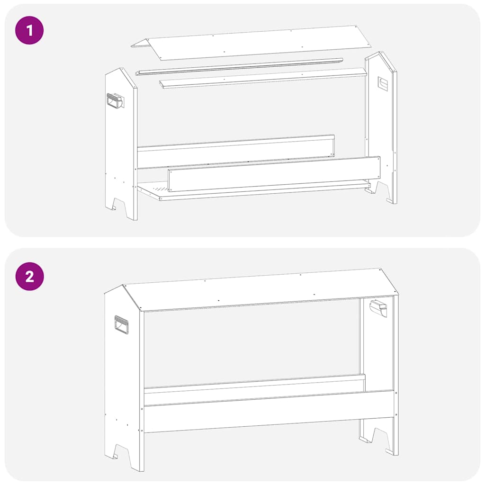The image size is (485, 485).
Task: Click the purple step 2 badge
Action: point(29,276)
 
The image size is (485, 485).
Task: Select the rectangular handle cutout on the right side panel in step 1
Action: point(383,84)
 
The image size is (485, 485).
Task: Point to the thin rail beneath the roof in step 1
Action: point(239,66)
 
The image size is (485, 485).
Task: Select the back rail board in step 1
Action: point(235,152)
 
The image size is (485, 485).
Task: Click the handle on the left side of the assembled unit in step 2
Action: point(121,324)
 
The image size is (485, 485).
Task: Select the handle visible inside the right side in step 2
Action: point(378,308)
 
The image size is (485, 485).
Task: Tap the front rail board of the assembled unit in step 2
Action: point(268,411)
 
